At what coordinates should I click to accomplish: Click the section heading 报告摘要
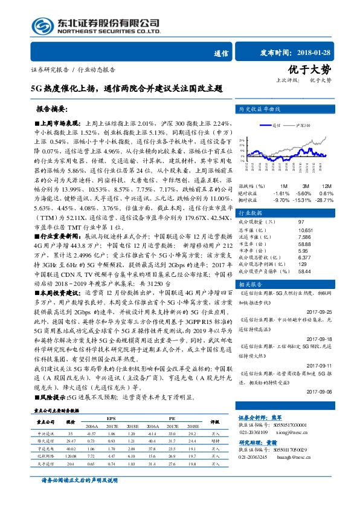pyautogui.click(x=53, y=111)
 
